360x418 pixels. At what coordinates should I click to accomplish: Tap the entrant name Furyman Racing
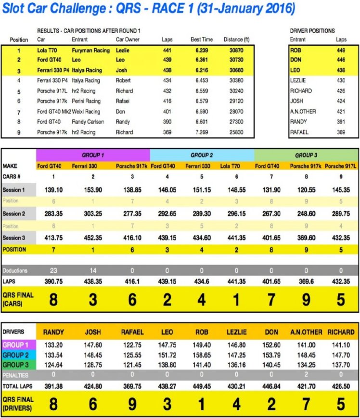click(88, 50)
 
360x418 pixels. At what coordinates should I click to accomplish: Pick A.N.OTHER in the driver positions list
click(303, 111)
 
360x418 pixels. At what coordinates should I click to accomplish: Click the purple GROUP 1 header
click(93, 155)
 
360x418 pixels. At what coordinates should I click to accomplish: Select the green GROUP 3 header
click(306, 155)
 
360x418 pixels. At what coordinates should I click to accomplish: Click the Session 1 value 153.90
click(93, 190)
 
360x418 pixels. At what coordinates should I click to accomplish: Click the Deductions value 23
click(53, 271)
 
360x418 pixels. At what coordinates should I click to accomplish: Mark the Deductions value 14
click(93, 271)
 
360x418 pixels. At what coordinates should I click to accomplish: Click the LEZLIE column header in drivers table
click(236, 332)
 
